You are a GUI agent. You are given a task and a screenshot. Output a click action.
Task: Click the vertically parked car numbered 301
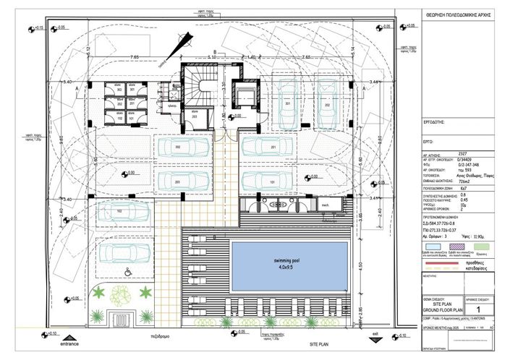click(x=287, y=105)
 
